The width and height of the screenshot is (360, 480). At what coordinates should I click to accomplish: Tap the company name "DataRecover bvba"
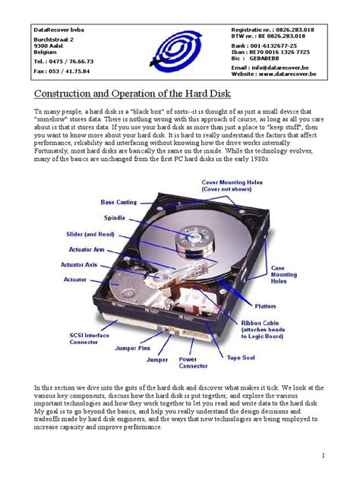coord(64,29)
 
